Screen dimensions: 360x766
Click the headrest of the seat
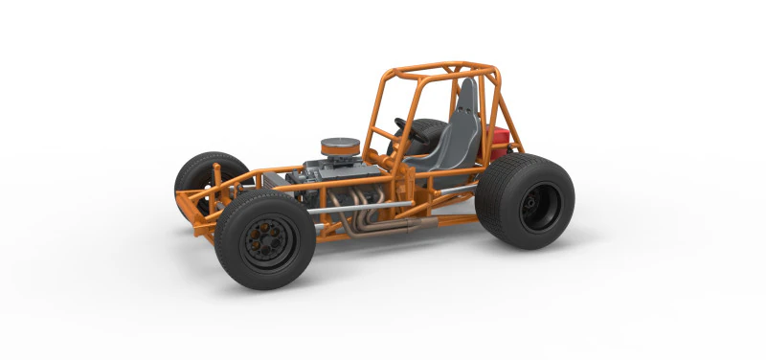466,96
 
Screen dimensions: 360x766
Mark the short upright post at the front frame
216,177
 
